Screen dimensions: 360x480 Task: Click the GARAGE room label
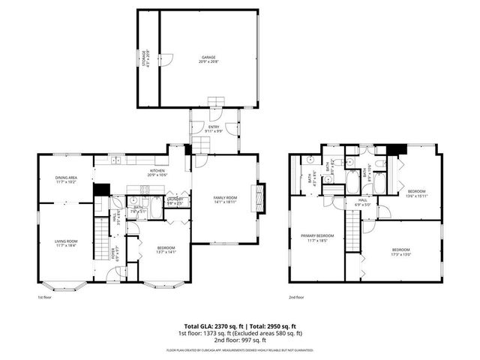(x=208, y=57)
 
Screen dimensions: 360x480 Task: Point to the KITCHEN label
(x=157, y=171)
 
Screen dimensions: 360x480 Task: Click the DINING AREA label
(x=66, y=178)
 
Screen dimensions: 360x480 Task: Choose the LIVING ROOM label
(x=66, y=241)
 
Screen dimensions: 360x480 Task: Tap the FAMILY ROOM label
(x=225, y=198)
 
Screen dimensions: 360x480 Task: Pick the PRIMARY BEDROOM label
(x=317, y=236)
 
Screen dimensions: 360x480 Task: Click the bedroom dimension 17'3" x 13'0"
(x=401, y=254)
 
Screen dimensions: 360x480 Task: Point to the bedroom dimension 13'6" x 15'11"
(x=416, y=196)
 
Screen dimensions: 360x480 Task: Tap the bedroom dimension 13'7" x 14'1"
(x=166, y=252)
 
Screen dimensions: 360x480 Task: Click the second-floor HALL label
(x=362, y=200)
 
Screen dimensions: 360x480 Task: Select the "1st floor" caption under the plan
(x=44, y=297)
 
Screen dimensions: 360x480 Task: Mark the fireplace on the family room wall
(x=260, y=198)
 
